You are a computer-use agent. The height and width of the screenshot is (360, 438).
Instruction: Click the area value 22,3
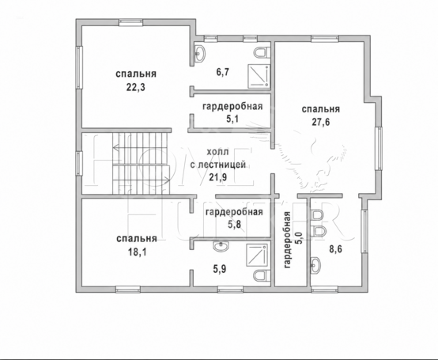(136, 88)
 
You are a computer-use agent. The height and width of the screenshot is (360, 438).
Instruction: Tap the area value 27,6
(321, 122)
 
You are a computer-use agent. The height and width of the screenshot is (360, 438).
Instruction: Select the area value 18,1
(137, 252)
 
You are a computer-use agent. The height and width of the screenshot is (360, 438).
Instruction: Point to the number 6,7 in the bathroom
(223, 72)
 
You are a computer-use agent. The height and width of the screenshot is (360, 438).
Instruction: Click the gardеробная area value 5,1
(232, 119)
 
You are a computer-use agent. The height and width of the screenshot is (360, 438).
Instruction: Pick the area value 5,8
(234, 225)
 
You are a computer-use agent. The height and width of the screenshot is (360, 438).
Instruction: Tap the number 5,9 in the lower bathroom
(220, 269)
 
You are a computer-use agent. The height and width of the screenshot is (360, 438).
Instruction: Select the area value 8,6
(335, 248)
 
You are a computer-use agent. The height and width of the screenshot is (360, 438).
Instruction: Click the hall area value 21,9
(218, 177)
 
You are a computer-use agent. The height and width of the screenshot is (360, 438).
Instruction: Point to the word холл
(218, 152)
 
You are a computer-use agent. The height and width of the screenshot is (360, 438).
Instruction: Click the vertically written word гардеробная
(287, 240)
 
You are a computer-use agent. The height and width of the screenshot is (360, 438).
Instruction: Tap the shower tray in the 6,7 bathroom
(259, 75)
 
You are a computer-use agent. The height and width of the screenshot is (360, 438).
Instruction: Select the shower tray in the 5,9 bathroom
(257, 255)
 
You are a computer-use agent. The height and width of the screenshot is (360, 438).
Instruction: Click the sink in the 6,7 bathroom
(200, 53)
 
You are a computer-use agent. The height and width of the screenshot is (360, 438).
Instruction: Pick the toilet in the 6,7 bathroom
(262, 52)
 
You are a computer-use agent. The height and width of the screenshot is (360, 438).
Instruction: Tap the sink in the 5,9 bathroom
(221, 246)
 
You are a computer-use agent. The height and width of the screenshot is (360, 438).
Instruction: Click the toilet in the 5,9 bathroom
(262, 275)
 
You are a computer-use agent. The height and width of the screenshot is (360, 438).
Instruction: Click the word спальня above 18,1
(137, 239)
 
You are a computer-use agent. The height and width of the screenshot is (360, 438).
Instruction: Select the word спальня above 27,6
(321, 109)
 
